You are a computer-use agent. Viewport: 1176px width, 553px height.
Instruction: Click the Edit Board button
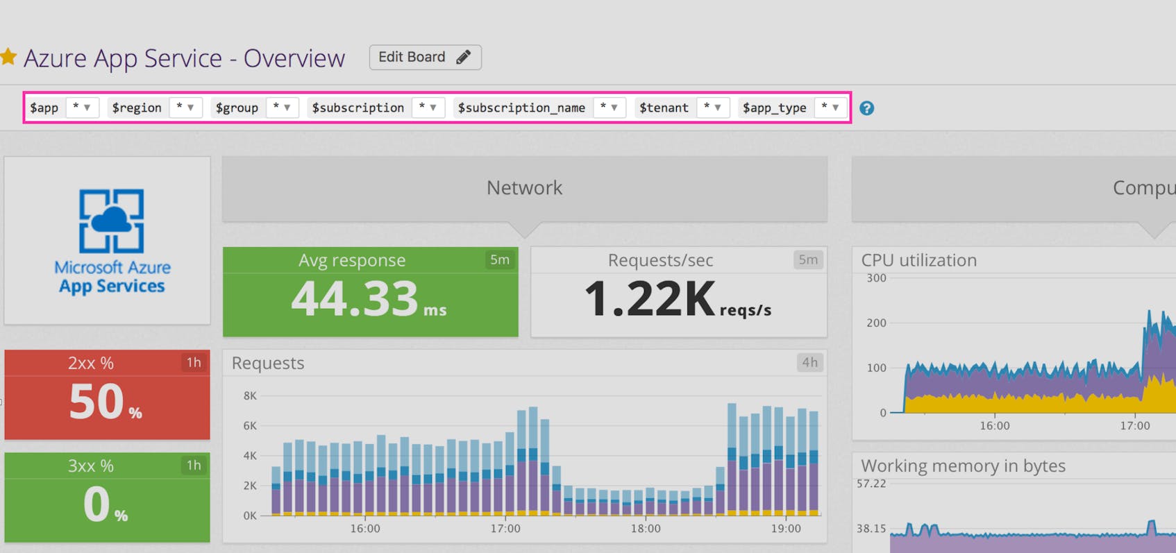425,57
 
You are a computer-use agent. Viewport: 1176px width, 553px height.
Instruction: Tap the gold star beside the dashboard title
8,57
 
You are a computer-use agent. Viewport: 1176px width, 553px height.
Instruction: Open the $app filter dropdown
81,108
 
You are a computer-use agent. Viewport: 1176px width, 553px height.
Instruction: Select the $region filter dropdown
185,108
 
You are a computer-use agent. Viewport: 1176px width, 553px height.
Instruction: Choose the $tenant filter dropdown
712,108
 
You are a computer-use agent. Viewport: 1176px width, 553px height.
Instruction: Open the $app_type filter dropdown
830,108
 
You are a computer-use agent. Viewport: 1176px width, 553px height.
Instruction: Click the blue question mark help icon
866,108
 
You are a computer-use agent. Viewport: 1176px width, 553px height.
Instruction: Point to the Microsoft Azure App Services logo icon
111,221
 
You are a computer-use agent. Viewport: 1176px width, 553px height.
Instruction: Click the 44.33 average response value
355,298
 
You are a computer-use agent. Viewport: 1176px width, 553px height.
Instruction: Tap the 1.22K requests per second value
650,298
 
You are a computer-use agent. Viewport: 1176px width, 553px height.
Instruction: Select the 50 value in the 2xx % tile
96,402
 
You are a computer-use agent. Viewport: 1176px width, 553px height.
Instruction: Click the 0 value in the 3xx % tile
96,504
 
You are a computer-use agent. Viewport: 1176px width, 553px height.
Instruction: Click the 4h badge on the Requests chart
809,362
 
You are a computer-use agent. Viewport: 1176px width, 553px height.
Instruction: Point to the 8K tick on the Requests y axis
250,395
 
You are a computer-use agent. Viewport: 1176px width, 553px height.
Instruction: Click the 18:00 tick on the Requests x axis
646,529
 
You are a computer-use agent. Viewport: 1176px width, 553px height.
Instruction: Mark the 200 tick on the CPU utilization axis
876,323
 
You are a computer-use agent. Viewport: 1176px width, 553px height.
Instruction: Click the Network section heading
524,188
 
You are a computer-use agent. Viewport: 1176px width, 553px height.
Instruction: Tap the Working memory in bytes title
963,466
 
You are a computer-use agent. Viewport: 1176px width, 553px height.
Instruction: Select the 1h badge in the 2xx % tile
194,362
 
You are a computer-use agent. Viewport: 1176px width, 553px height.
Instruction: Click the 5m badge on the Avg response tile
500,260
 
